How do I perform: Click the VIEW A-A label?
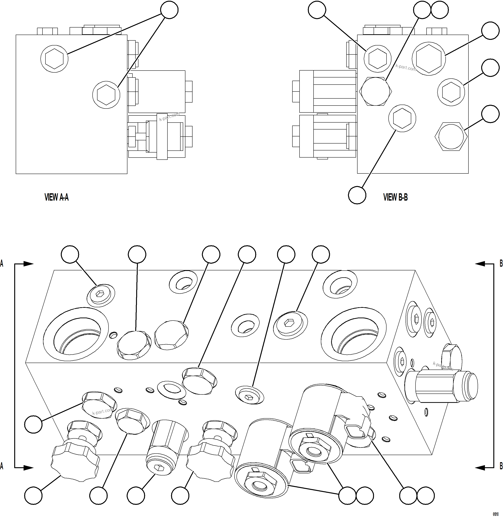56,197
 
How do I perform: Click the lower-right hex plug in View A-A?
106,94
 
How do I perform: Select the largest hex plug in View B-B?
429,59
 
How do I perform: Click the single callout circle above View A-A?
169,10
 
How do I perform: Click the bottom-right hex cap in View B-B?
451,136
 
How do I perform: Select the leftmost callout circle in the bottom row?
33,495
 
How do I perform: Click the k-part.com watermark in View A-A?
169,117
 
